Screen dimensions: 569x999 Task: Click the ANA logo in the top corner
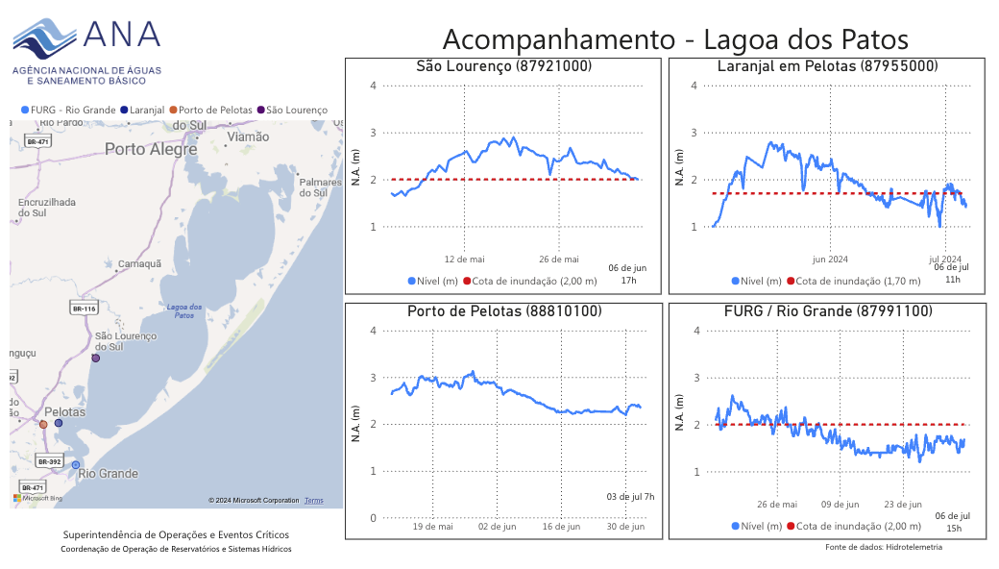point(86,48)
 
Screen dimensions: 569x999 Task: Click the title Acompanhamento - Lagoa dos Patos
point(674,40)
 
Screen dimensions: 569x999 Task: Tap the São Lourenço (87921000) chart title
point(503,66)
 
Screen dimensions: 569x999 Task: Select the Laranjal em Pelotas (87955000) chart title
point(827,66)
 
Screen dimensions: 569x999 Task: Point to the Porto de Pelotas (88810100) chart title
point(503,311)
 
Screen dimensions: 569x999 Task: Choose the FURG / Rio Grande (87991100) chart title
point(827,311)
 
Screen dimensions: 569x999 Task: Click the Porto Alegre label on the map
point(151,149)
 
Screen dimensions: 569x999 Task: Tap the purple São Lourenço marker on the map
point(95,358)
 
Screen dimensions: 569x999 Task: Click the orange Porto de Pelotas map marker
point(43,424)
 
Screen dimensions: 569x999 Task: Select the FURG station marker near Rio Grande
point(76,465)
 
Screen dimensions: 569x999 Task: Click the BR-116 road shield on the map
point(85,309)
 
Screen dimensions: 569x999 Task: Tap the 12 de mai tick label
point(465,259)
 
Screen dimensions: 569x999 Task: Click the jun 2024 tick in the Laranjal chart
point(830,259)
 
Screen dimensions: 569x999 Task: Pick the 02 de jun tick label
point(497,527)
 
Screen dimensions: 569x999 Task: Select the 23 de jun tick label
point(903,504)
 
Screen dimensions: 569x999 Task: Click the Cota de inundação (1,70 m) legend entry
point(833,282)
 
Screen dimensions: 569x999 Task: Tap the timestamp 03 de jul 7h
point(630,497)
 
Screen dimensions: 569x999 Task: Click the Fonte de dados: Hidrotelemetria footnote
point(884,547)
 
